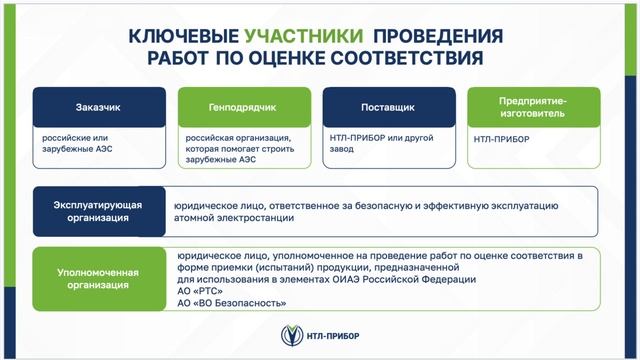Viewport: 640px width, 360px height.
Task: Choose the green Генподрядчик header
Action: pos(243,106)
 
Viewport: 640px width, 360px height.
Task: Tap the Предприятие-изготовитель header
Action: pos(534,106)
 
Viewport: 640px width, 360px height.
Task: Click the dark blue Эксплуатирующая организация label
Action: pos(98,211)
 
